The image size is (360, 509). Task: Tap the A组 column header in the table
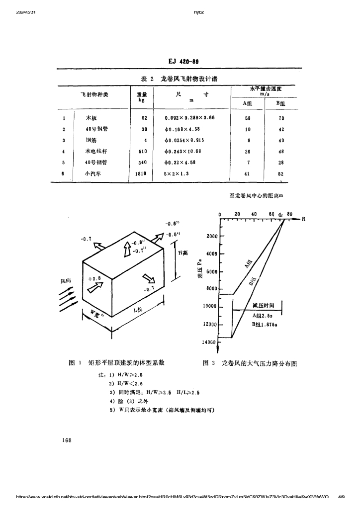(247, 103)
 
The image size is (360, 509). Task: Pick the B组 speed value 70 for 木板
(281, 118)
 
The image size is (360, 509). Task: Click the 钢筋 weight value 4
(144, 140)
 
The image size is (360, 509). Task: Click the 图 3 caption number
(209, 363)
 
